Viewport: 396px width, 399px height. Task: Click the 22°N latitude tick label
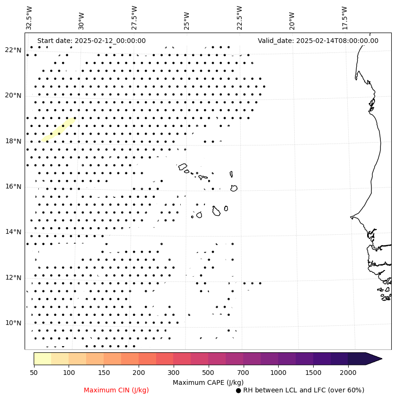tap(13, 50)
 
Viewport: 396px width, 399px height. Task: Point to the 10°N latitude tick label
tap(13, 323)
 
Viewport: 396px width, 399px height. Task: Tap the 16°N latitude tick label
tap(13, 187)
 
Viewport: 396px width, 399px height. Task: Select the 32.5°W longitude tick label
tap(30, 18)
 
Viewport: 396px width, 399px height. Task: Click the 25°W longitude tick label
tap(186, 18)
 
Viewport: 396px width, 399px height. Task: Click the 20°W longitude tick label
tap(292, 18)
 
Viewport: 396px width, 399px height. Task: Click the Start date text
tap(91, 41)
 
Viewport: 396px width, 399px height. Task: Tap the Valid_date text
tap(318, 41)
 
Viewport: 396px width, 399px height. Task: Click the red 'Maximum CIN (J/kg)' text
tap(116, 390)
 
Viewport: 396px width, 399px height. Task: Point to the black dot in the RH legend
tap(238, 391)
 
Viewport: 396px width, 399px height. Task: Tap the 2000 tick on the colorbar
tap(348, 373)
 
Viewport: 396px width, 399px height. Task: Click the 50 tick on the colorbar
tap(34, 373)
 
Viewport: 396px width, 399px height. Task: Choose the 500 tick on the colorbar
tap(209, 373)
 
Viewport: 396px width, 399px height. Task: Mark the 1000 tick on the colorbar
tap(278, 373)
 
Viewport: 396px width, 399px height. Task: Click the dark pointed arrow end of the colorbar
tap(374, 359)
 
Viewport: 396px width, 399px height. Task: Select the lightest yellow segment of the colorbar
tap(42, 359)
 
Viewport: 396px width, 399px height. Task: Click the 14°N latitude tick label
tap(13, 232)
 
